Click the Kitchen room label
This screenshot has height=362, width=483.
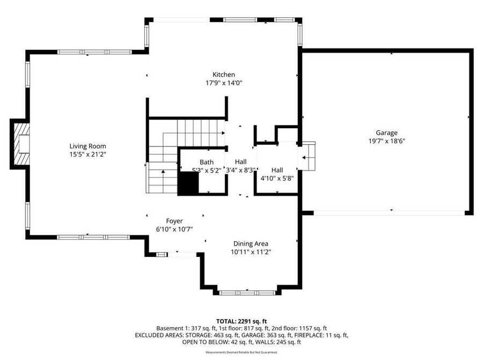pyautogui.click(x=223, y=75)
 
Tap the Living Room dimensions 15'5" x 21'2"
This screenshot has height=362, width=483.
pyautogui.click(x=87, y=154)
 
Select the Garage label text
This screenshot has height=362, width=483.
pyautogui.click(x=386, y=133)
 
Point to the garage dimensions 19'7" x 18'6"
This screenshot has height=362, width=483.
pyautogui.click(x=386, y=142)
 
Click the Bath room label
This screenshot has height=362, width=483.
pyautogui.click(x=207, y=162)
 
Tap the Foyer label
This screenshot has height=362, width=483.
pyautogui.click(x=174, y=221)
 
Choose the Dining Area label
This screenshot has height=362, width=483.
pyautogui.click(x=251, y=243)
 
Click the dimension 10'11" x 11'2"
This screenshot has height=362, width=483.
pyautogui.click(x=251, y=252)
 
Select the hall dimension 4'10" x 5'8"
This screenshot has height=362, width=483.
pyautogui.click(x=277, y=179)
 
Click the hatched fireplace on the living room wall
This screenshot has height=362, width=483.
pyautogui.click(x=20, y=144)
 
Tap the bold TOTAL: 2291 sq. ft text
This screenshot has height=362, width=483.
pyautogui.click(x=241, y=321)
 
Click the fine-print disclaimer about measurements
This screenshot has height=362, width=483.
pyautogui.click(x=241, y=352)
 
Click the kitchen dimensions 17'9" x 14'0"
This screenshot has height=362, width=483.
pyautogui.click(x=223, y=83)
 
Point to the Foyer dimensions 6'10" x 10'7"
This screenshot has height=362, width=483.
pyautogui.click(x=174, y=230)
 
